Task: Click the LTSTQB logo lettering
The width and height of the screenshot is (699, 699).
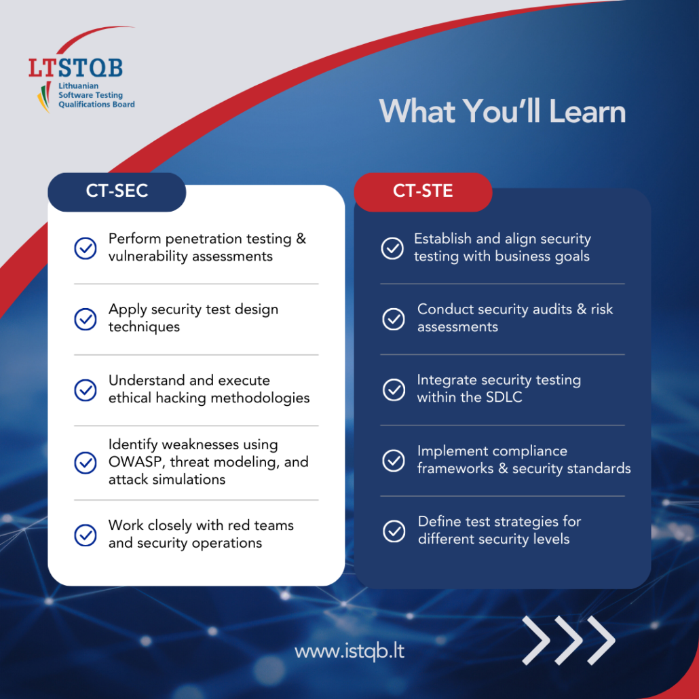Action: pos(76,68)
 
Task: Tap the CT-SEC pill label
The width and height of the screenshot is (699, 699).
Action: pos(117,191)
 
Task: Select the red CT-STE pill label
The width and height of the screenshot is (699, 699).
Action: pos(423,191)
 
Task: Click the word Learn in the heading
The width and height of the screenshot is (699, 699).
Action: pos(588,111)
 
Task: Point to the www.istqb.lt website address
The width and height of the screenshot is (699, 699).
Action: pos(349,651)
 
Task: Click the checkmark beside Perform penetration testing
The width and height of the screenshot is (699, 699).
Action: pos(85,248)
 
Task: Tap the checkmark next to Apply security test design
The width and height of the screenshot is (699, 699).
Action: pos(85,319)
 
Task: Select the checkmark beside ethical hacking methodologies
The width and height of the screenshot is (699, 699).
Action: pos(85,390)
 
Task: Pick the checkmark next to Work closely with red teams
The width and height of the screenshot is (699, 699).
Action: pos(85,535)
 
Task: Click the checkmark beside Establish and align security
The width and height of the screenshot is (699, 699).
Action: pos(392,248)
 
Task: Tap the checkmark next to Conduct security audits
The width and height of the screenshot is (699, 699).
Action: pos(394,319)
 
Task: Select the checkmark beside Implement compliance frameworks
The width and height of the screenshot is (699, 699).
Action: pos(394,461)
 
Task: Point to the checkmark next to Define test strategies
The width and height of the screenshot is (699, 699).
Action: pos(394,531)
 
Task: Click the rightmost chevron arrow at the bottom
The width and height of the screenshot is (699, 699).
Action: pos(601,640)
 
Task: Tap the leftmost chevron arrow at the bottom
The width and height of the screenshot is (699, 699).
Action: pos(536,640)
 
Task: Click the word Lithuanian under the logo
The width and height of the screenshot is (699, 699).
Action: pos(79,86)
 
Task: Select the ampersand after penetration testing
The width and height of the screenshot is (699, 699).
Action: pos(301,239)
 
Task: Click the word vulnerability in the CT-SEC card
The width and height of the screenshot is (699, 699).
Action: pos(148,257)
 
